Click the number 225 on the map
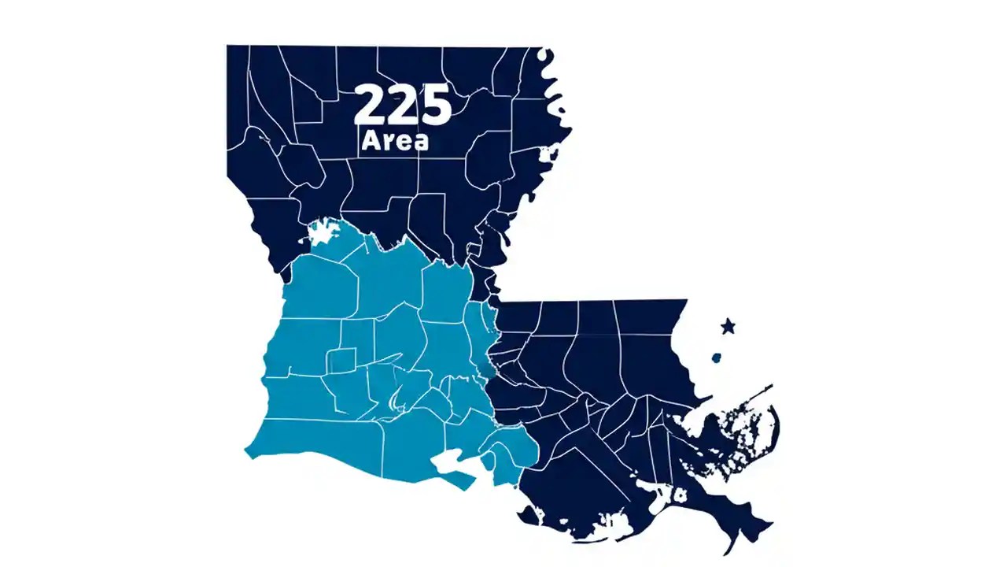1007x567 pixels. coord(403,105)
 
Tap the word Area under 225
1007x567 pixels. coord(395,142)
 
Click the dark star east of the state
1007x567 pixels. coord(729,325)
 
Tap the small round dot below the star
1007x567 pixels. coord(717,358)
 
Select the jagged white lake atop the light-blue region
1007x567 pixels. coord(323,232)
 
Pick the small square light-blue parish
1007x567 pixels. coord(341,361)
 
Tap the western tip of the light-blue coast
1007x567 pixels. coord(249,452)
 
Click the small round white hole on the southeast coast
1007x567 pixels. coord(677,495)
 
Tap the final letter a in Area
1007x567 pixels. coord(422,143)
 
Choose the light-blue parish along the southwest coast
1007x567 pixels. coord(315,441)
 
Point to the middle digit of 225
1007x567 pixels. coord(403,105)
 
